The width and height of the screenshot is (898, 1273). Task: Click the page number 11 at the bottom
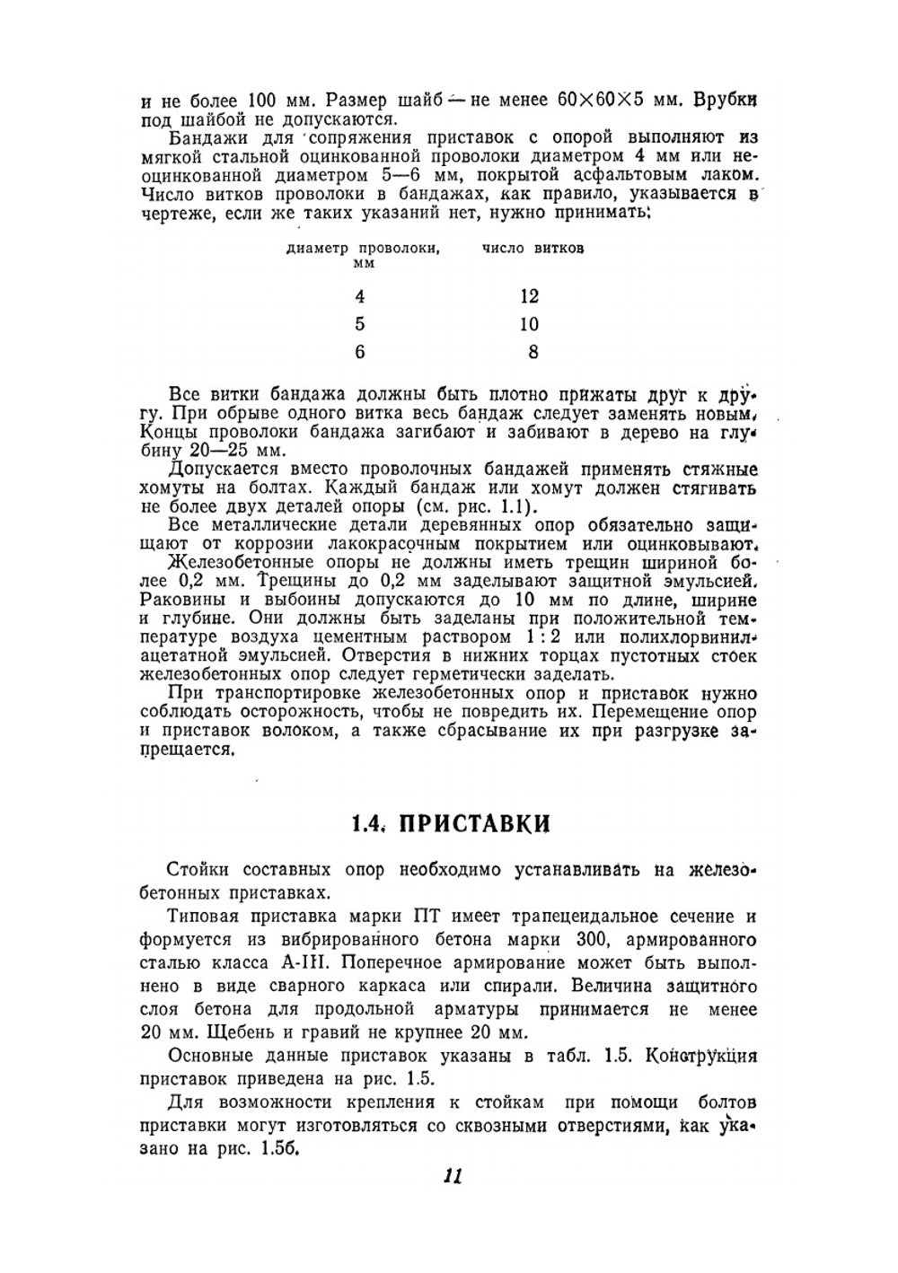(x=452, y=1176)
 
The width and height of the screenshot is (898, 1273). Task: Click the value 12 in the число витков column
(x=529, y=296)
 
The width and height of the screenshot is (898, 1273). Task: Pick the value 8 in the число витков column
(x=533, y=352)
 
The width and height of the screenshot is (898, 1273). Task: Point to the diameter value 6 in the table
(x=360, y=352)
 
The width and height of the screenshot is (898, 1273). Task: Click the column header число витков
(x=533, y=249)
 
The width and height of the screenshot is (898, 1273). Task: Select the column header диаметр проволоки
(x=362, y=250)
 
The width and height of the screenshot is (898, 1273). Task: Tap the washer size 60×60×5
(x=601, y=101)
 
